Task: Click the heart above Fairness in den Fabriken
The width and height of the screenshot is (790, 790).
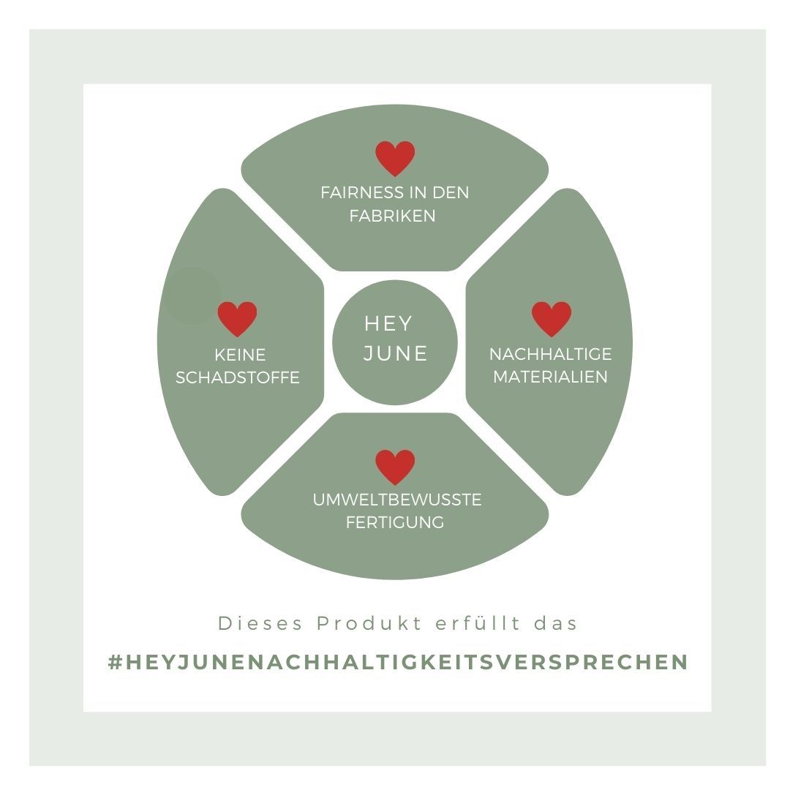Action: tap(395, 158)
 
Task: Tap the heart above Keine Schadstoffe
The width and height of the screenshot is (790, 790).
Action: tap(237, 319)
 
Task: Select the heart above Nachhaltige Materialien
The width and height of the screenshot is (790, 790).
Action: tap(551, 319)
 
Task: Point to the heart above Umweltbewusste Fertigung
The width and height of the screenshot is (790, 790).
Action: tap(395, 467)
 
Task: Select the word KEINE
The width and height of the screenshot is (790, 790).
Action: tap(240, 355)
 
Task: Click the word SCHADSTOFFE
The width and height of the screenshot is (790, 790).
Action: tap(238, 378)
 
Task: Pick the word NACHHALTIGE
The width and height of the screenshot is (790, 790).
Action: tap(550, 355)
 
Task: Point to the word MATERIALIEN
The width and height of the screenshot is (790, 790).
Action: tap(550, 377)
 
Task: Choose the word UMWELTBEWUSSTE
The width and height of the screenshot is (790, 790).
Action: tap(397, 500)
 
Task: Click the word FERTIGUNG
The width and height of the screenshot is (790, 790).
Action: tap(395, 523)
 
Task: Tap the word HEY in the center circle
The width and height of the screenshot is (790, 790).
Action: tap(388, 323)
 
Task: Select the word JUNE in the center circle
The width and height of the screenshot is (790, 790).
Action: tap(396, 353)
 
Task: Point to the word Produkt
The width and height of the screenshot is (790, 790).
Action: tap(369, 624)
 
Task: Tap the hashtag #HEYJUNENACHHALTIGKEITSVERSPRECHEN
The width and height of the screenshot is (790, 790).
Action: tap(398, 662)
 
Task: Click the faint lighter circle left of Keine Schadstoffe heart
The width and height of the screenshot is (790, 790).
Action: tap(192, 296)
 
